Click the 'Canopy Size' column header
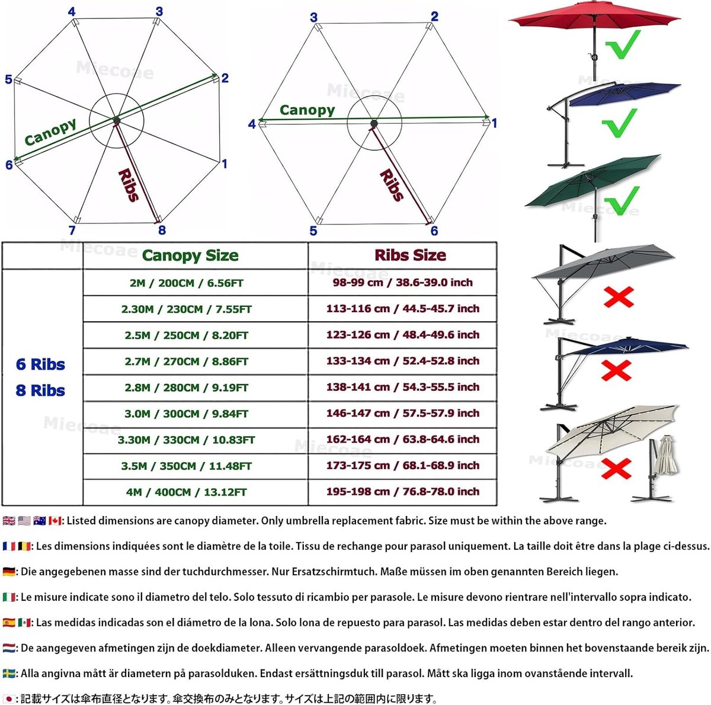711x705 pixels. [190, 255]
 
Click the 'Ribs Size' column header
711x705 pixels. [410, 255]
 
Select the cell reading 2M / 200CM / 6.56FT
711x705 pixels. [186, 283]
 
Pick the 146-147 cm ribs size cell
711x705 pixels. [402, 413]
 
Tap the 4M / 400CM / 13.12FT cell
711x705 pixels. [186, 492]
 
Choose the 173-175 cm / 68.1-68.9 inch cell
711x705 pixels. [402, 466]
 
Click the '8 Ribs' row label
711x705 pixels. [40, 390]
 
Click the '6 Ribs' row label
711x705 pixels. [40, 364]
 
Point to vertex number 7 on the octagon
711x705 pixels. [72, 230]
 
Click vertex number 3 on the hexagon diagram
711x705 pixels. [313, 17]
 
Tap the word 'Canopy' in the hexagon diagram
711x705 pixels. [307, 110]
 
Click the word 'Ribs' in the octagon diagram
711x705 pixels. [129, 185]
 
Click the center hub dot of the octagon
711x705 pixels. [117, 120]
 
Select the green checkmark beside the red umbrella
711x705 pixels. [623, 44]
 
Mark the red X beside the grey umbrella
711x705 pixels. [619, 297]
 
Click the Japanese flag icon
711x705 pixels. [9, 698]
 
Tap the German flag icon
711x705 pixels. [9, 572]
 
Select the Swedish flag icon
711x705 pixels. [9, 674]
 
